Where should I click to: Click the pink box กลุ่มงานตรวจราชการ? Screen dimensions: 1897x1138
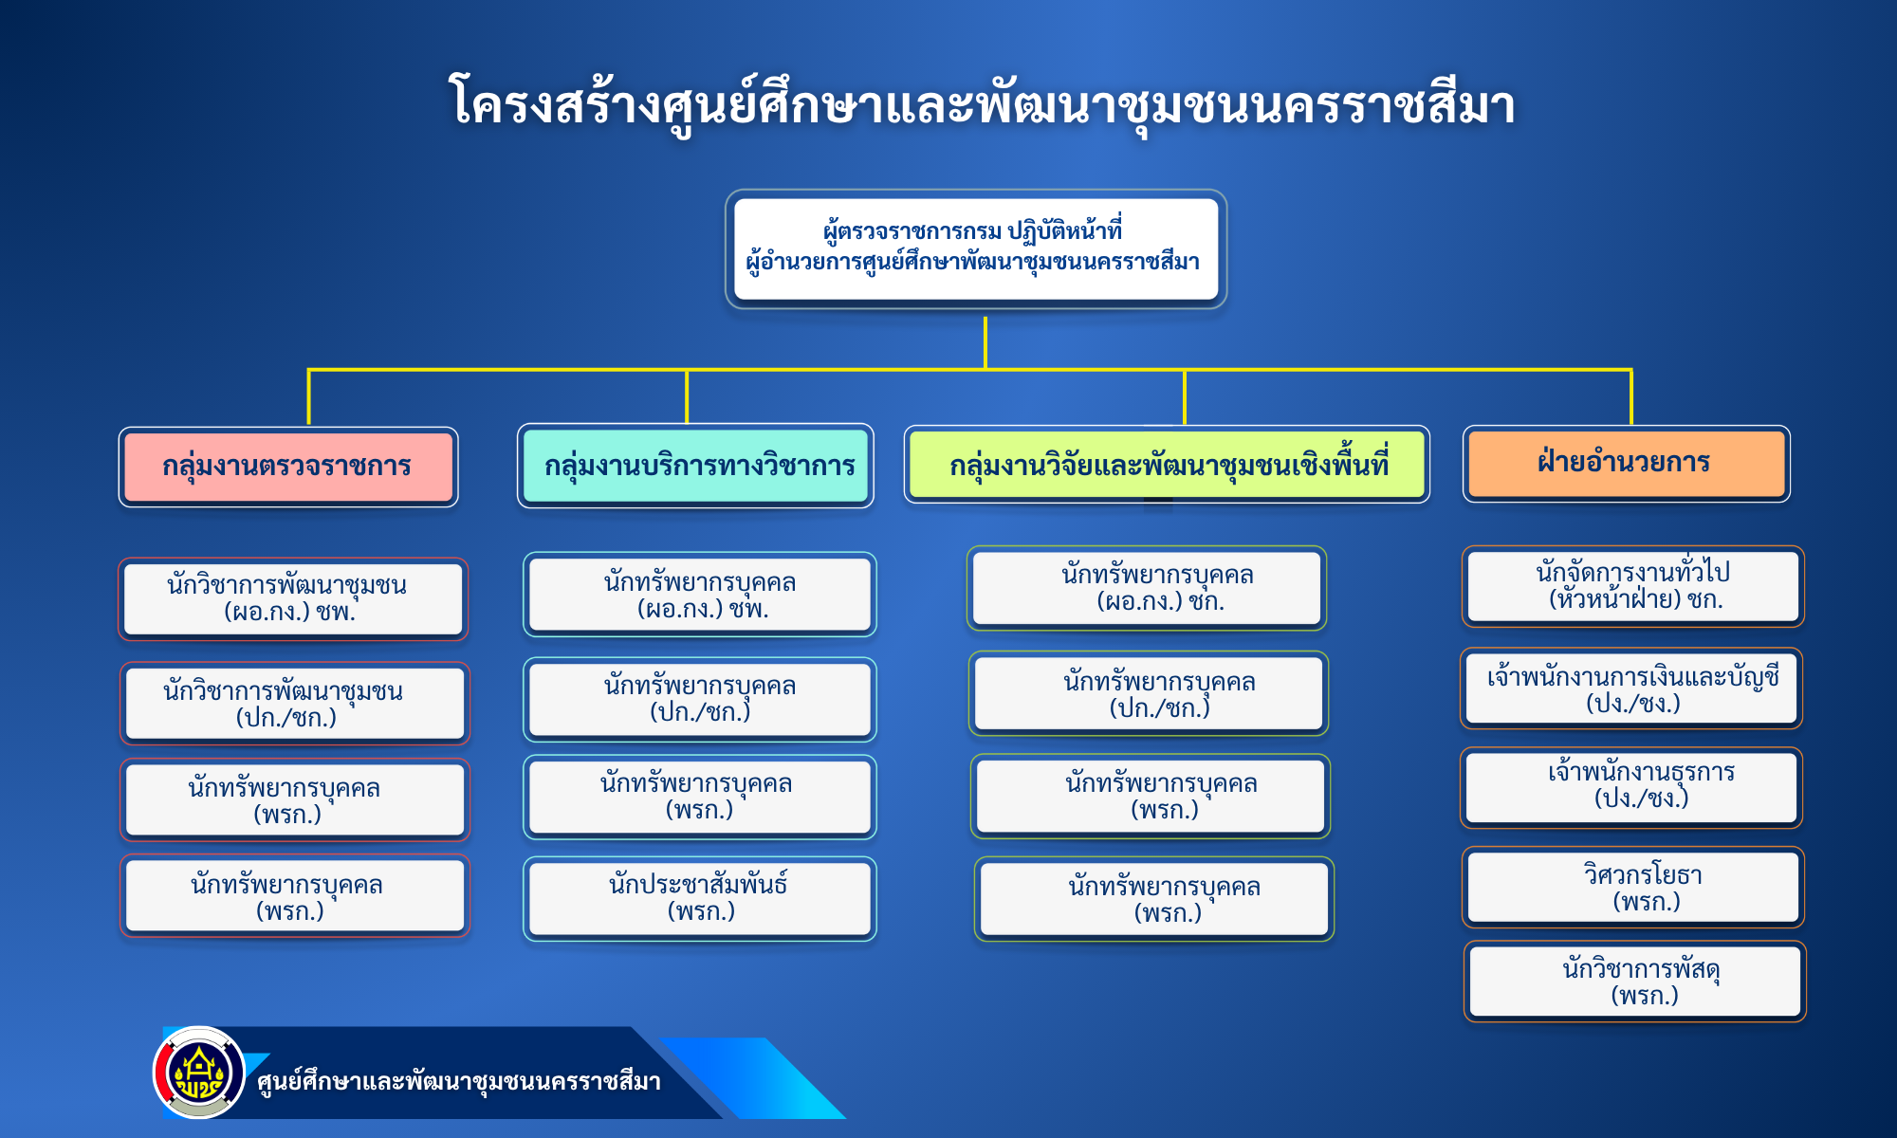click(x=288, y=467)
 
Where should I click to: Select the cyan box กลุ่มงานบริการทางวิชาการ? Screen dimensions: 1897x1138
click(x=695, y=466)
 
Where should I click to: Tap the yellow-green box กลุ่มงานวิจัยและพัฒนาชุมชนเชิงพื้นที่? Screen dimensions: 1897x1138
click(x=1167, y=465)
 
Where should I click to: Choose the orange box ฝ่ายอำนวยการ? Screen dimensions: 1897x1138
click(x=1626, y=464)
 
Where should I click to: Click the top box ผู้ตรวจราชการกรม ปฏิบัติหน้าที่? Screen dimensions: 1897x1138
click(x=976, y=248)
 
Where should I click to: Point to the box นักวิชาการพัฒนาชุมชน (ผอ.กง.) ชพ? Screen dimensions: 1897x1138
click(x=293, y=598)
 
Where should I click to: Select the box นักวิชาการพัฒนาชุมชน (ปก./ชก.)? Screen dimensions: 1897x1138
click(x=294, y=704)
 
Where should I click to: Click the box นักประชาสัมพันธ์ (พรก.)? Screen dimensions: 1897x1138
click(x=699, y=898)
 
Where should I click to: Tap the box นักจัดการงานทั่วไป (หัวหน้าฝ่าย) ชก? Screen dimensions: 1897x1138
click(x=1632, y=586)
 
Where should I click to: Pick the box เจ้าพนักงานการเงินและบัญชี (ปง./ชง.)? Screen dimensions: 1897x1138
click(x=1631, y=688)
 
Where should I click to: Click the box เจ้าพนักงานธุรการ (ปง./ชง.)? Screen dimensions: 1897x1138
click(x=1631, y=787)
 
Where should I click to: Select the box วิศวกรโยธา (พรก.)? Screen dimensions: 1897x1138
click(x=1633, y=888)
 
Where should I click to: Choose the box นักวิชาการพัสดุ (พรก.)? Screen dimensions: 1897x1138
click(x=1635, y=982)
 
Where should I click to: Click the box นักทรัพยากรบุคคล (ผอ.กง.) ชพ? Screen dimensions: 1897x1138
click(x=699, y=595)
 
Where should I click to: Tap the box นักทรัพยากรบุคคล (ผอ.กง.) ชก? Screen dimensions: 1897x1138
click(x=1147, y=588)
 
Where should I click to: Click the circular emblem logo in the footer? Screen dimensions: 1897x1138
click(x=199, y=1073)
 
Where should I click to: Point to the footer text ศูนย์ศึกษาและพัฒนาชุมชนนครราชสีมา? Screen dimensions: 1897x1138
click(x=459, y=1081)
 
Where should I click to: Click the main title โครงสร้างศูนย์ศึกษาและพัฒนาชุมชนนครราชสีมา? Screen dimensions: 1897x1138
click(x=982, y=102)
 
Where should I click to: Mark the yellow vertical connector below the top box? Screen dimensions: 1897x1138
click(x=985, y=342)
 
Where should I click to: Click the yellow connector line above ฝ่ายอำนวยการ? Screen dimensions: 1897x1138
click(x=1631, y=396)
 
